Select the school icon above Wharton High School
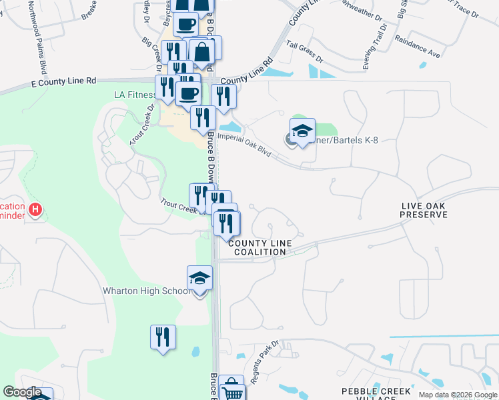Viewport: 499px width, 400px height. [x=199, y=278]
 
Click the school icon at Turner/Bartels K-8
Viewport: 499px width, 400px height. [x=302, y=131]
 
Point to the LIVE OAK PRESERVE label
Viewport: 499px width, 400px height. [x=424, y=211]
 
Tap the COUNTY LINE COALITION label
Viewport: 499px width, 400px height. [x=260, y=247]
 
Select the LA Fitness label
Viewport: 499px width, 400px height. [x=135, y=95]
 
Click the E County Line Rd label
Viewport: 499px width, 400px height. [x=64, y=81]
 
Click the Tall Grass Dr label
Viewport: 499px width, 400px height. [x=304, y=52]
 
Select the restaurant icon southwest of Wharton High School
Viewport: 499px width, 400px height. [x=163, y=337]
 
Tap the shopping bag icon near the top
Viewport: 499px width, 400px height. [x=201, y=51]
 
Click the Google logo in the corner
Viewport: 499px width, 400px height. [x=22, y=393]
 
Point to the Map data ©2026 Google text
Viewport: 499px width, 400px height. [x=458, y=395]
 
